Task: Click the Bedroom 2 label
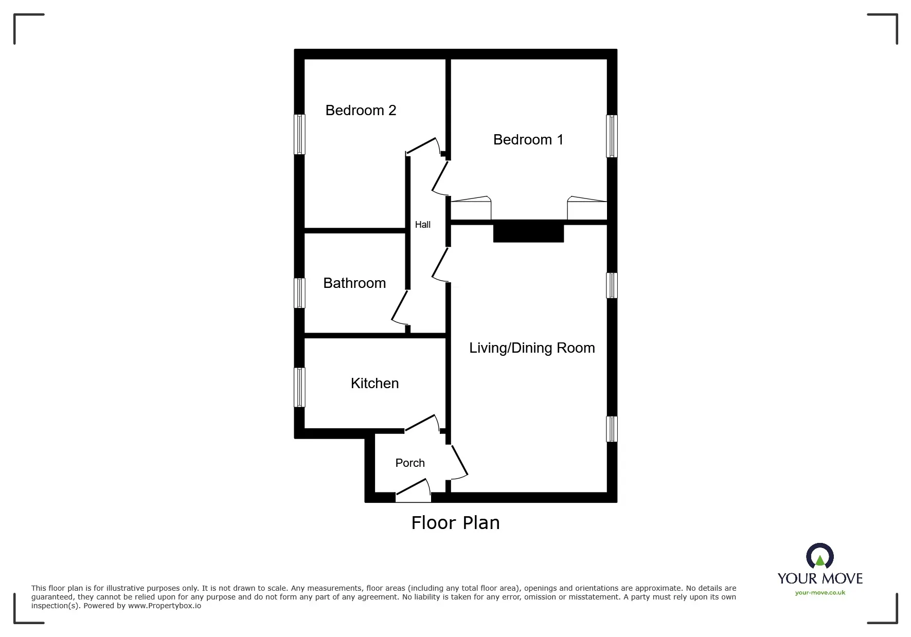pos(361,111)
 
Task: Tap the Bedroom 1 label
pos(528,140)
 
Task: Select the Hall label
pos(423,225)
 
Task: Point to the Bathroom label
pos(354,283)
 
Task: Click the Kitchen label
pos(374,384)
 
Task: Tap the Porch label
pos(410,463)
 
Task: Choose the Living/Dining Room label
pos(532,348)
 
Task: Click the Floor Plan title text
pos(455,523)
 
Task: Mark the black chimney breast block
pos(528,231)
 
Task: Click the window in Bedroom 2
pos(299,134)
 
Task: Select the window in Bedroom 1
pos(612,136)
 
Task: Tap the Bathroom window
pos(299,293)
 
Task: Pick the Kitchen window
pos(299,387)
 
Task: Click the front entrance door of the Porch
pos(413,491)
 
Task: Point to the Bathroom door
pos(399,308)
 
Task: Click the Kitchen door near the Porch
pos(422,423)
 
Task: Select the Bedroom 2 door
pos(423,145)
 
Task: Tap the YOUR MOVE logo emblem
pos(819,557)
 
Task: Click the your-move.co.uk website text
pos(820,593)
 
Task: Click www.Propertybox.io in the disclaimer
pos(165,606)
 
